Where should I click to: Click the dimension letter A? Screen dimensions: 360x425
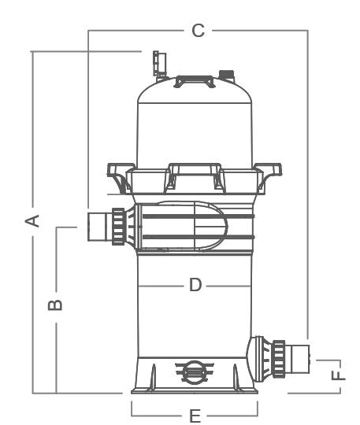[32, 220]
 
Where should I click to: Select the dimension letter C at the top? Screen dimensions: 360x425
[198, 31]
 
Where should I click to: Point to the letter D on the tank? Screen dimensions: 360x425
[195, 285]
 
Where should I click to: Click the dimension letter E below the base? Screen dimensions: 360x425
[195, 416]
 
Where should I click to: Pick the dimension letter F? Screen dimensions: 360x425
[338, 375]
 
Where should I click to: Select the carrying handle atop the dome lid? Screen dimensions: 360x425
[195, 81]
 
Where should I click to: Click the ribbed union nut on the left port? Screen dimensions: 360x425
[118, 227]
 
